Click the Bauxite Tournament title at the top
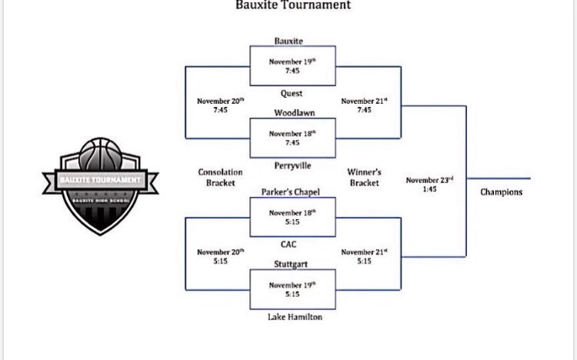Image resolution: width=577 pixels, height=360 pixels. click(293, 5)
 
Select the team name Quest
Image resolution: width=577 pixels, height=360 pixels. click(292, 94)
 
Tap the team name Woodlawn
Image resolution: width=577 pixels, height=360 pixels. click(295, 112)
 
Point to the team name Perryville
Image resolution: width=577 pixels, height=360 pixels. click(292, 165)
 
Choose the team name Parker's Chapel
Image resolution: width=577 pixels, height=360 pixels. click(290, 192)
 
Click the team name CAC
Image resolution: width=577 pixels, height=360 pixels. click(288, 245)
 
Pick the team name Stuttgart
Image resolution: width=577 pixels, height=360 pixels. click(291, 265)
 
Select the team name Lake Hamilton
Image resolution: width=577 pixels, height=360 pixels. click(295, 317)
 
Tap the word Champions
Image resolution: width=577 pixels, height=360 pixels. click(501, 192)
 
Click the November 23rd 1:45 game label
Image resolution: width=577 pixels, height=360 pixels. click(429, 185)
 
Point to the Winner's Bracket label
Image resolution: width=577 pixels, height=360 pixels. click(364, 178)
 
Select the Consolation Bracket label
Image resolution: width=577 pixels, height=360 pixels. click(220, 178)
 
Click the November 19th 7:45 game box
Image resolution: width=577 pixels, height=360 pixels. click(292, 66)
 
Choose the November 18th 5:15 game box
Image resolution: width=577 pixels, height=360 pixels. click(292, 217)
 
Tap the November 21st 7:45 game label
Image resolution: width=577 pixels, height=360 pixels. click(364, 105)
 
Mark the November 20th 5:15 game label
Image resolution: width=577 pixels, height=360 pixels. click(221, 257)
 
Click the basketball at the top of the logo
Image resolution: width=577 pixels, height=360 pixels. click(100, 154)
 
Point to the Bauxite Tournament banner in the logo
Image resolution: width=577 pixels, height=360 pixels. click(101, 180)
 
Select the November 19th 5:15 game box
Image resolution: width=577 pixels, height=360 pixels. click(292, 289)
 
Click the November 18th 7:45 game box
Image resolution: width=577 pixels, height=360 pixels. click(292, 138)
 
